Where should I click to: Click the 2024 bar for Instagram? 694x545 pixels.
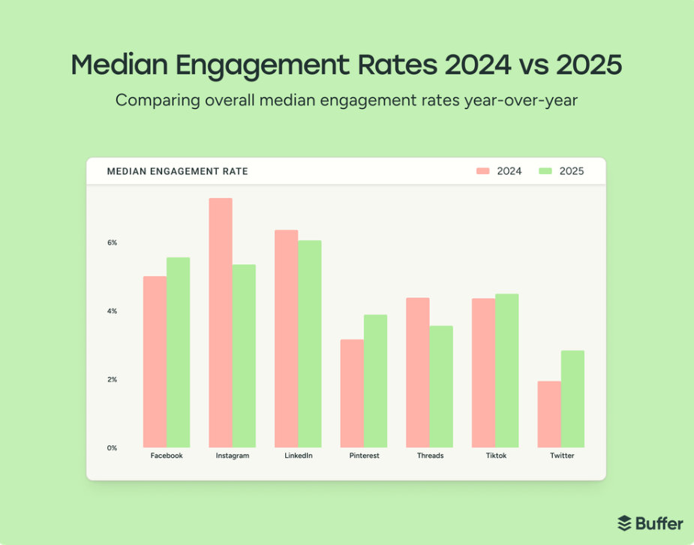pos(221,323)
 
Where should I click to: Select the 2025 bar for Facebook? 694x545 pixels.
pos(179,352)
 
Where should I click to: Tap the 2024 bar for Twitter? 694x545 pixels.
pos(549,414)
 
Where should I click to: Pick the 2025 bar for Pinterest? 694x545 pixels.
pos(376,381)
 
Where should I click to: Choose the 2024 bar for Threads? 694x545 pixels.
pos(418,372)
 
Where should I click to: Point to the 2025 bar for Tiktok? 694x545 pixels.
pos(507,370)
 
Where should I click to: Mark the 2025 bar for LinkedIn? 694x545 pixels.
pos(310,344)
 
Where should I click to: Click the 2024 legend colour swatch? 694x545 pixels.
pos(483,171)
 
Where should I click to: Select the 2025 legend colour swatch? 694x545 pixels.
pos(545,171)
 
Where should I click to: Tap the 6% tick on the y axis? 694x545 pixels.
pos(112,243)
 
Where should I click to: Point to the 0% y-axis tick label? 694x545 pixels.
pos(112,448)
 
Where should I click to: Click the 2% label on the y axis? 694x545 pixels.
pos(112,380)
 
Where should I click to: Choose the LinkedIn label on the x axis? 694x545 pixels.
pos(299,456)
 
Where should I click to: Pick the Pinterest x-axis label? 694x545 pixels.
pos(364,456)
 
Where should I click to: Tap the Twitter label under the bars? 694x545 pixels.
pos(561,456)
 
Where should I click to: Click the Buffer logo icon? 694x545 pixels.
pos(625,522)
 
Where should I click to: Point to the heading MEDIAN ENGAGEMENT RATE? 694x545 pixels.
pos(177,171)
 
